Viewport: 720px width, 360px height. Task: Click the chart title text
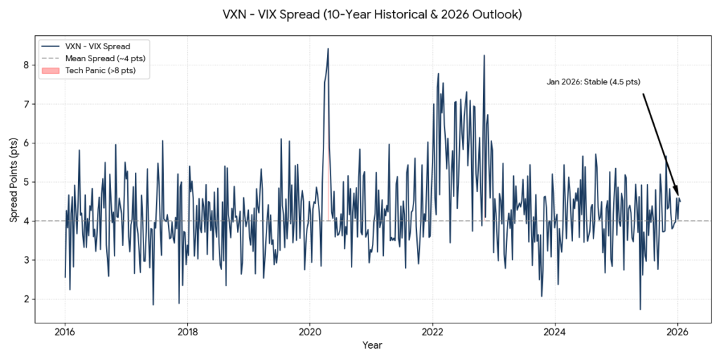coord(360,15)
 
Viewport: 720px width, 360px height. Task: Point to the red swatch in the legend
coord(51,70)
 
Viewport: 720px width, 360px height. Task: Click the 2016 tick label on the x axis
coord(65,331)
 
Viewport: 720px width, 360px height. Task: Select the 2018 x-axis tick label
coord(187,331)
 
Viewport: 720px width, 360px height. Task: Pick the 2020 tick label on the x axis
coord(310,331)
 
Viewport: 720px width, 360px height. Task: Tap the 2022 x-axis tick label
coord(432,331)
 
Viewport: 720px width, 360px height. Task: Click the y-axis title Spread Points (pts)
coord(13,182)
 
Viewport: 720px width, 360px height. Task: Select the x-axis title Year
coord(372,345)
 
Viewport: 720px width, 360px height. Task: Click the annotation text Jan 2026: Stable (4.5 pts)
coord(593,82)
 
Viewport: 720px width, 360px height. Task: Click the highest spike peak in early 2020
coord(328,49)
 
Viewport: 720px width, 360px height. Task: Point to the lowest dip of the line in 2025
coord(640,309)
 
